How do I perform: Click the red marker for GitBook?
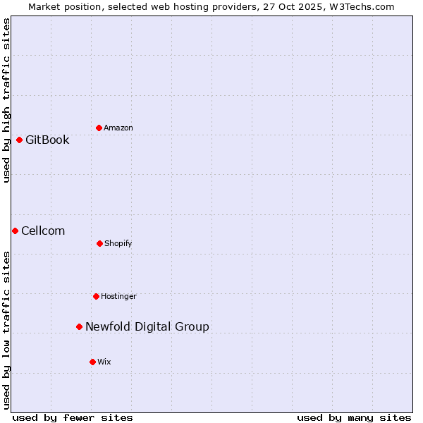pyautogui.click(x=19, y=140)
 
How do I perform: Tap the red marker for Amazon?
pyautogui.click(x=99, y=128)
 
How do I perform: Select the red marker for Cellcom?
pyautogui.click(x=15, y=231)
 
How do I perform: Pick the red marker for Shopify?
pyautogui.click(x=99, y=243)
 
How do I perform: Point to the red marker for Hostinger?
pyautogui.click(x=96, y=296)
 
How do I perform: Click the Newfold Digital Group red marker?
pyautogui.click(x=79, y=326)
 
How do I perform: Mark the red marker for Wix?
pyautogui.click(x=92, y=362)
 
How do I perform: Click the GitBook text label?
pyautogui.click(x=47, y=140)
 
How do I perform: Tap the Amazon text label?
pyautogui.click(x=118, y=128)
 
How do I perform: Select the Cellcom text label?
pyautogui.click(x=43, y=231)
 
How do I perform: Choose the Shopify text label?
pyautogui.click(x=118, y=243)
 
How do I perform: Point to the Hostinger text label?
pyautogui.click(x=118, y=296)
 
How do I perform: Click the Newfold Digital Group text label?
pyautogui.click(x=147, y=326)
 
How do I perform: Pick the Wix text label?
pyautogui.click(x=104, y=362)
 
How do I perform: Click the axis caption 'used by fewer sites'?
pyautogui.click(x=73, y=417)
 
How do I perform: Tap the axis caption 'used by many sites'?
pyautogui.click(x=354, y=417)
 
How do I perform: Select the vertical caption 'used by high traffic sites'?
pyautogui.click(x=6, y=100)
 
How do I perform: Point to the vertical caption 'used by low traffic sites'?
pyautogui.click(x=6, y=330)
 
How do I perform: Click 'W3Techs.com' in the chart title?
pyautogui.click(x=364, y=6)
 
